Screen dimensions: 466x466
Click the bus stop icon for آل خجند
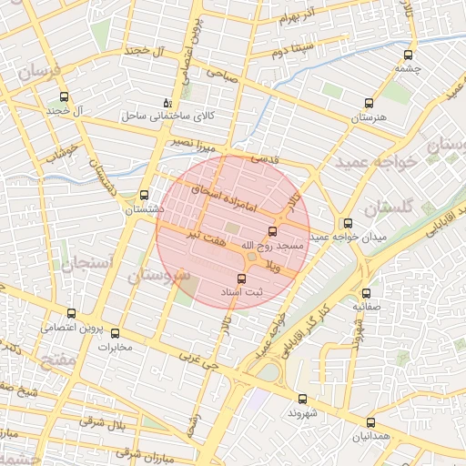pyautogui.click(x=63, y=96)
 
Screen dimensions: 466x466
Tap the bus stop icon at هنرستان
pyautogui.click(x=368, y=104)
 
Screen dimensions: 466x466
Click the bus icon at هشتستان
pyautogui.click(x=144, y=195)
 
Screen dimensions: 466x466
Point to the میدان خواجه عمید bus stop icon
pyautogui.click(x=347, y=223)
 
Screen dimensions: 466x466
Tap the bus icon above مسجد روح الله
pyautogui.click(x=271, y=231)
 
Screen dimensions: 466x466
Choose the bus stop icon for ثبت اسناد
pyautogui.click(x=241, y=279)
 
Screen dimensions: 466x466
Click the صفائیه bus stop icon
pyautogui.click(x=367, y=293)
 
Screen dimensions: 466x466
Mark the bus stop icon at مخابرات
pyautogui.click(x=115, y=333)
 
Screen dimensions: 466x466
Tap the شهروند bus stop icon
pyautogui.click(x=302, y=398)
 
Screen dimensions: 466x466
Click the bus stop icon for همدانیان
pyautogui.click(x=370, y=422)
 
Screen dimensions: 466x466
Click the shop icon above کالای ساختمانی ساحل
pyautogui.click(x=166, y=103)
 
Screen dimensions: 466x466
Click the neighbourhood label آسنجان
pyautogui.click(x=87, y=264)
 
